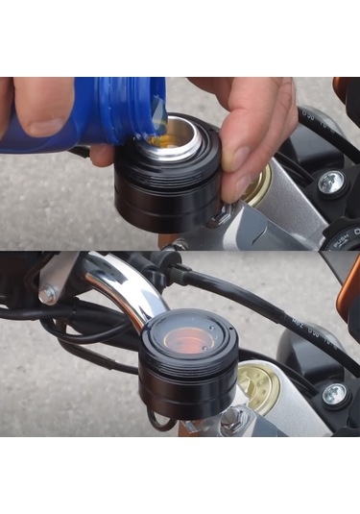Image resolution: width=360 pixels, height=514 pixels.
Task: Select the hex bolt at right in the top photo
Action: [x=331, y=183]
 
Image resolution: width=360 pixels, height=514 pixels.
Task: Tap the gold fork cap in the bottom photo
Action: [x=259, y=384]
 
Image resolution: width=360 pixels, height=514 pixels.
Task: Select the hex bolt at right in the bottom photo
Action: [x=333, y=393]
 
